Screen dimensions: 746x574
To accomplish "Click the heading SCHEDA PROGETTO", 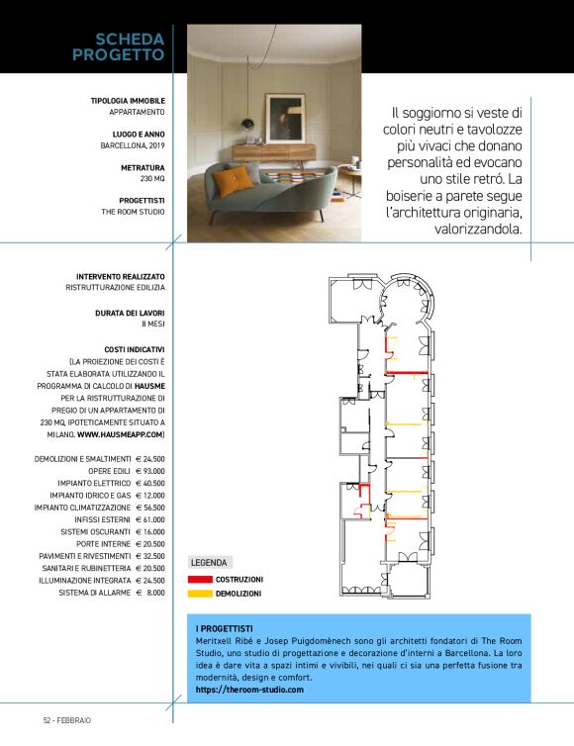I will pyautogui.click(x=118, y=47).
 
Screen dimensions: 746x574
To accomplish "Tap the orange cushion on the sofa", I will pyautogui.click(x=235, y=180).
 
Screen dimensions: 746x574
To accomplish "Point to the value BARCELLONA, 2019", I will pyautogui.click(x=133, y=145).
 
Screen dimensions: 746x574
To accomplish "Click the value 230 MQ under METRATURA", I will pyautogui.click(x=151, y=179).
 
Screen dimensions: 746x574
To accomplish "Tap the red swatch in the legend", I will pyautogui.click(x=200, y=579).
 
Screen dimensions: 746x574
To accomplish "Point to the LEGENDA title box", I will pyautogui.click(x=208, y=562).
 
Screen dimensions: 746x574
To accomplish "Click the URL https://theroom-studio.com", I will pyautogui.click(x=249, y=689).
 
